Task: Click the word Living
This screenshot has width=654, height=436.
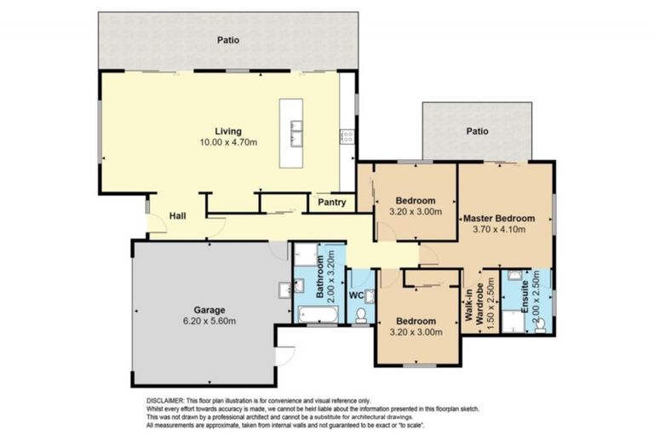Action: click(227, 130)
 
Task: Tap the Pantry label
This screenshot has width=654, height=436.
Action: click(331, 203)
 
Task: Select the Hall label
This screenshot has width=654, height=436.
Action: click(178, 217)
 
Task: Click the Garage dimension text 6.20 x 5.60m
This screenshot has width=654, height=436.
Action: click(208, 321)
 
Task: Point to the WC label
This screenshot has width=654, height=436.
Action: click(358, 295)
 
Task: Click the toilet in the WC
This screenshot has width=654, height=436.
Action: click(361, 317)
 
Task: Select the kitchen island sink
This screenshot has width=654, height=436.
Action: click(295, 132)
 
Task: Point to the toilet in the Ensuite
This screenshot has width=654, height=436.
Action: click(539, 325)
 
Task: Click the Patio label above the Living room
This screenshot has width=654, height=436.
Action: click(227, 39)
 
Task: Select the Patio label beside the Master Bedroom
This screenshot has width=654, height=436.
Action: click(476, 131)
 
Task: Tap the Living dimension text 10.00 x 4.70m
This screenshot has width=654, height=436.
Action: click(227, 142)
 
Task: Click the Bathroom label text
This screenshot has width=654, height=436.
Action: click(322, 279)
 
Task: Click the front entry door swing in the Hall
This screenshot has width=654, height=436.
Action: click(156, 224)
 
